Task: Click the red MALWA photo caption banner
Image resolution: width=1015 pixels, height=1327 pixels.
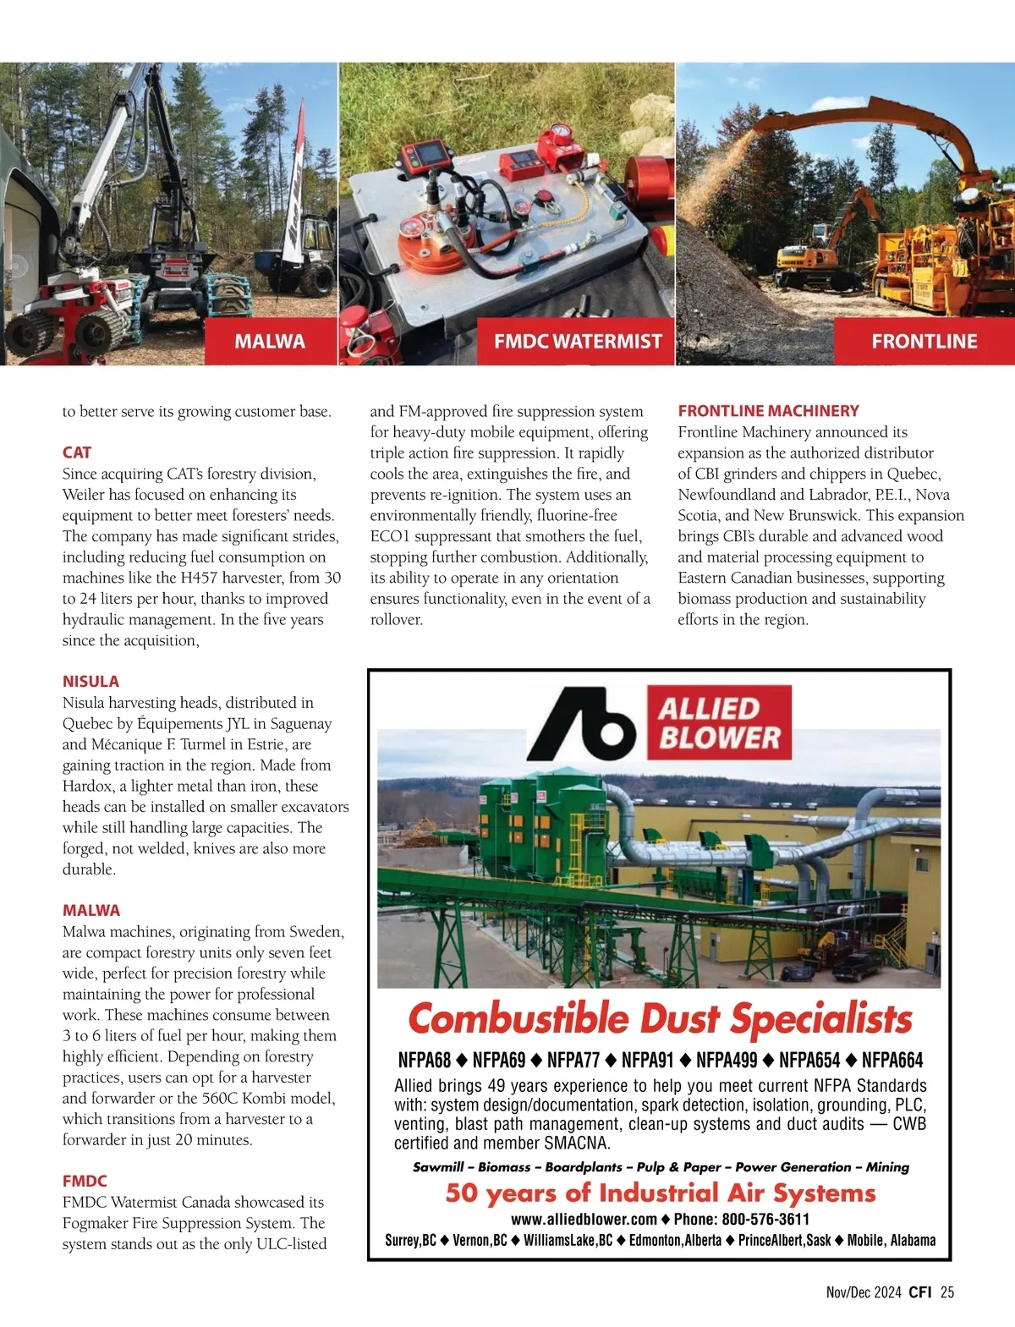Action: pyautogui.click(x=271, y=342)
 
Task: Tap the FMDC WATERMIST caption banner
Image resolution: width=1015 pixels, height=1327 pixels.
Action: pyautogui.click(x=577, y=342)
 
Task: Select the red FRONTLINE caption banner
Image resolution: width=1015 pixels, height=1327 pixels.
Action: pyautogui.click(x=924, y=342)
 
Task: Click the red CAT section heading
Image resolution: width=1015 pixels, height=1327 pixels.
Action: pyautogui.click(x=77, y=452)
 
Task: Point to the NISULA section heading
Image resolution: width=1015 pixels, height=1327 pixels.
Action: pyautogui.click(x=91, y=682)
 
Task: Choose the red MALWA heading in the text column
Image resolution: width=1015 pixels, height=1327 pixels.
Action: pyautogui.click(x=91, y=911)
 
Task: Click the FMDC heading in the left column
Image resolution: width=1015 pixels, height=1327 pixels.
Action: pyautogui.click(x=85, y=1181)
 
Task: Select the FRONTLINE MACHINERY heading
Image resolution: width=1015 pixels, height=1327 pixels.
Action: pyautogui.click(x=768, y=411)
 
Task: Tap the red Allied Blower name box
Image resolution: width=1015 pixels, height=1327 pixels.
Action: pyautogui.click(x=719, y=723)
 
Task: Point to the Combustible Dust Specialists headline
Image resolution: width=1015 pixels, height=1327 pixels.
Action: pyautogui.click(x=660, y=1018)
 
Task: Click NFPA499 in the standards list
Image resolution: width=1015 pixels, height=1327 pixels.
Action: pyautogui.click(x=727, y=1061)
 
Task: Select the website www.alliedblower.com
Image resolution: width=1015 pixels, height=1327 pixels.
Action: pyautogui.click(x=584, y=1220)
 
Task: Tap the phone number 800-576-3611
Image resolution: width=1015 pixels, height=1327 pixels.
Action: pyautogui.click(x=765, y=1220)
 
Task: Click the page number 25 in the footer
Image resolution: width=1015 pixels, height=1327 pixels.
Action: pyautogui.click(x=946, y=1292)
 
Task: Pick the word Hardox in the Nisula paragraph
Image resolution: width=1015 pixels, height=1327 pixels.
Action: pyautogui.click(x=87, y=786)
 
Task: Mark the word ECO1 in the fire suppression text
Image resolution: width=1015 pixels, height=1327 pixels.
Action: pyautogui.click(x=391, y=536)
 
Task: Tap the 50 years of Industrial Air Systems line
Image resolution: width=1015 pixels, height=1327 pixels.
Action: pyautogui.click(x=660, y=1193)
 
